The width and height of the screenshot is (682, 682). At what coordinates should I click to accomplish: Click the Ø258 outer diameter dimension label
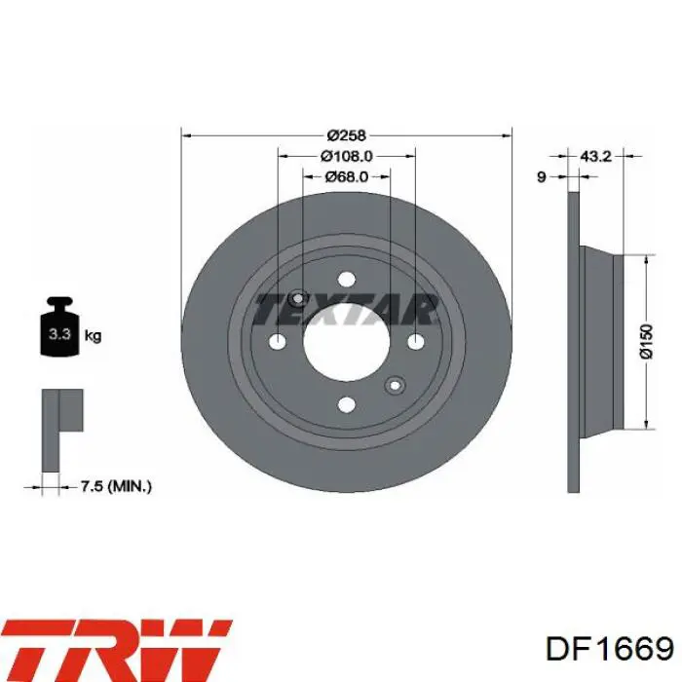tap(347, 135)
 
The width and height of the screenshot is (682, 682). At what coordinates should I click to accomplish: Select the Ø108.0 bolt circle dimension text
tap(347, 156)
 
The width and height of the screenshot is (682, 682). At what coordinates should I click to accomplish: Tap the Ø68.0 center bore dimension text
tap(347, 176)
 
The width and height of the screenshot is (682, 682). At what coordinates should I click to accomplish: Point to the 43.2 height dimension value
tap(596, 156)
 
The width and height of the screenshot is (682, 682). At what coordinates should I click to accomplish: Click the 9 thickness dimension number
tap(542, 177)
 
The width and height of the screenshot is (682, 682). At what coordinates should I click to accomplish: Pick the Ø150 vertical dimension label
tap(647, 341)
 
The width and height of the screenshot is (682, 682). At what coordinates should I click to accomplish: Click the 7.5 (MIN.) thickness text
tap(116, 486)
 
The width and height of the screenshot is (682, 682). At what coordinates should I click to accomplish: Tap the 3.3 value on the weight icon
tap(59, 334)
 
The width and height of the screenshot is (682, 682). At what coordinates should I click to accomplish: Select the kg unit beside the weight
tap(93, 335)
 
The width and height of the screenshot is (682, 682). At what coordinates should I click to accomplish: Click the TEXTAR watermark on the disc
tap(346, 309)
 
